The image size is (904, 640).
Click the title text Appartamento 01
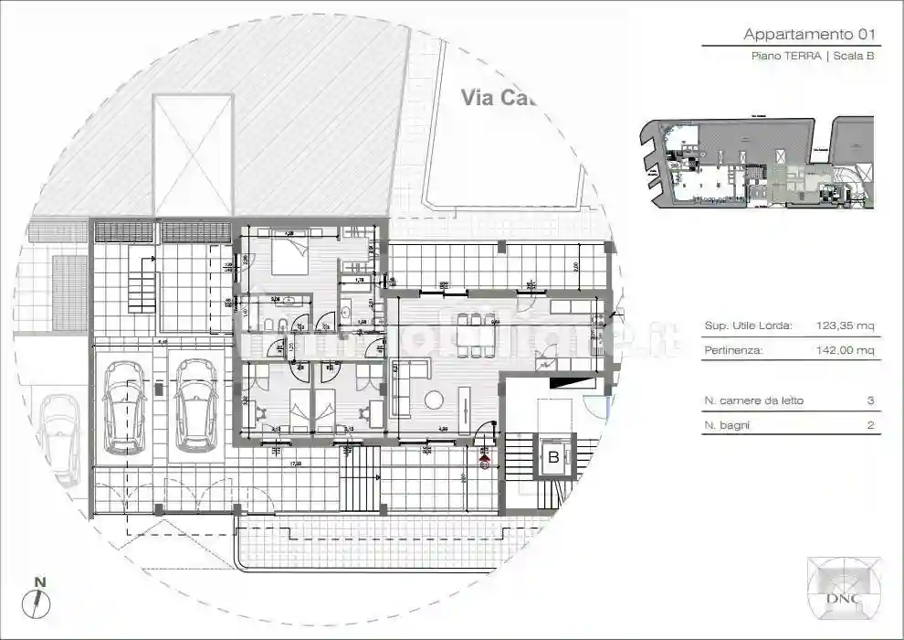pos(810,35)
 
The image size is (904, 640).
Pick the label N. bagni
pos(729,425)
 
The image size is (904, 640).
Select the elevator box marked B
pos(552,457)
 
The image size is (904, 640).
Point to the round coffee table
pos(434,400)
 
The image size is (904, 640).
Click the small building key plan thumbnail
pos(756,163)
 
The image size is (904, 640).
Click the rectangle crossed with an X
pos(193,152)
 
